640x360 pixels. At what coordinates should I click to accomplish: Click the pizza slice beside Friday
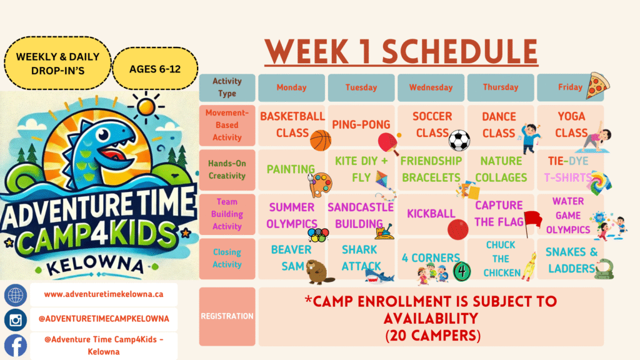(597, 86)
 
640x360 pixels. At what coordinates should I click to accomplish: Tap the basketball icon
(321, 141)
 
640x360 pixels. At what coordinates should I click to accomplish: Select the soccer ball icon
(459, 141)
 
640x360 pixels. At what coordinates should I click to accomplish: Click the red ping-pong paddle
(388, 144)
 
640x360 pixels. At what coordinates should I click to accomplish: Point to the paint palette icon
(321, 185)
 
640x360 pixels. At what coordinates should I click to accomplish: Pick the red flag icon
(532, 223)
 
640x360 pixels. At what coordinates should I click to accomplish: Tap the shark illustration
(379, 276)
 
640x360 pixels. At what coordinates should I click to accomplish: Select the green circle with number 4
(462, 271)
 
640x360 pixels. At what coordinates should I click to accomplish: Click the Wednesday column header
(431, 87)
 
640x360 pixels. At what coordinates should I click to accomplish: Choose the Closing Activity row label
(227, 258)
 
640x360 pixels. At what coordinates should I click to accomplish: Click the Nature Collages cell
(501, 169)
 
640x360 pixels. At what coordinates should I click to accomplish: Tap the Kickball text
(431, 214)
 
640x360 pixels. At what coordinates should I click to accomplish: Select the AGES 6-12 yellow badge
(155, 69)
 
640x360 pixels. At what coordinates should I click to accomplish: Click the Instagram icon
(16, 319)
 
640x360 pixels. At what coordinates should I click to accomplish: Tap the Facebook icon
(16, 345)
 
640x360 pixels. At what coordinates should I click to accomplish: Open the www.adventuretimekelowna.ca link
(104, 294)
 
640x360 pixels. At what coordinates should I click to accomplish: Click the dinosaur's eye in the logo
(104, 134)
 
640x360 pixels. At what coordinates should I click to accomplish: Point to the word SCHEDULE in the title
(460, 52)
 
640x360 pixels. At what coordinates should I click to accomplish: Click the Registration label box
(227, 316)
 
